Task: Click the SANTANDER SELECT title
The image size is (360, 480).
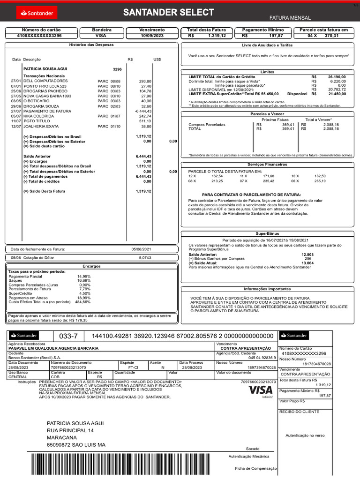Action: [168, 13]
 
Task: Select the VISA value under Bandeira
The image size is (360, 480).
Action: [101, 35]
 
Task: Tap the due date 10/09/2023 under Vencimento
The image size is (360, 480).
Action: [152, 35]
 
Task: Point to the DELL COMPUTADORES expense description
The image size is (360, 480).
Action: [45, 81]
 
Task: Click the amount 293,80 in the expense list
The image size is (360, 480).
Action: [145, 81]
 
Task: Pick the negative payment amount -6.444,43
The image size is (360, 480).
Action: [143, 111]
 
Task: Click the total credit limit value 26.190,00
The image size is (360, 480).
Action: [337, 76]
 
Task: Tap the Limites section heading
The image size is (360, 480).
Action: [267, 72]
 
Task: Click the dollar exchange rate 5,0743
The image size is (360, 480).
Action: [145, 258]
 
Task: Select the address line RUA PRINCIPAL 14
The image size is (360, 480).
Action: [70, 430]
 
